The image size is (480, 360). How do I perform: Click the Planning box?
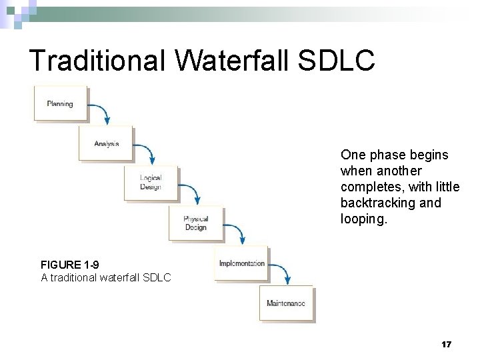[60, 103]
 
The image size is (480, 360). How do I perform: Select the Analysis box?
[106, 143]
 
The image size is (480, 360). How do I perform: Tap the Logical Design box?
[151, 182]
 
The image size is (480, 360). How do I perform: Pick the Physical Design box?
[196, 223]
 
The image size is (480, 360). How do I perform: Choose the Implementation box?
[241, 263]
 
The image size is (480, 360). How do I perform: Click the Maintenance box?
[286, 303]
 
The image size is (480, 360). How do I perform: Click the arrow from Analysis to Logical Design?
[146, 151]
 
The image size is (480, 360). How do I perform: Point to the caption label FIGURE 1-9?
[70, 265]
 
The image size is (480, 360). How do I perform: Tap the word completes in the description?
[367, 187]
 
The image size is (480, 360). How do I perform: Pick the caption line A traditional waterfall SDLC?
[106, 277]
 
